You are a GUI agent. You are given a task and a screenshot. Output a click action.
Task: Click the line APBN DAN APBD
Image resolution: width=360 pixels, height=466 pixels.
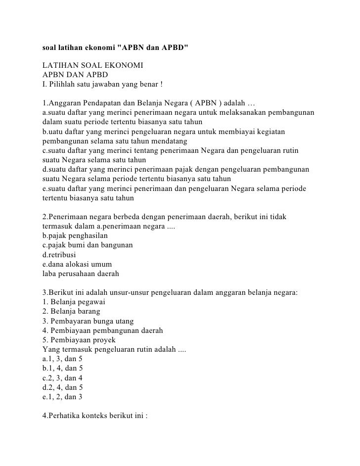click(x=74, y=74)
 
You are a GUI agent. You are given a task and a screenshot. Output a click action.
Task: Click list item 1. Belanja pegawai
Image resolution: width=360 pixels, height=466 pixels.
click(x=74, y=302)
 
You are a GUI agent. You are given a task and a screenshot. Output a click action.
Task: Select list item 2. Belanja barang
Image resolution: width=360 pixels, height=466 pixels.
click(x=71, y=311)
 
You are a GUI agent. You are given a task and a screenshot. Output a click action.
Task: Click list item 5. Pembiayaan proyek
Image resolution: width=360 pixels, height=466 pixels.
click(x=79, y=339)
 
